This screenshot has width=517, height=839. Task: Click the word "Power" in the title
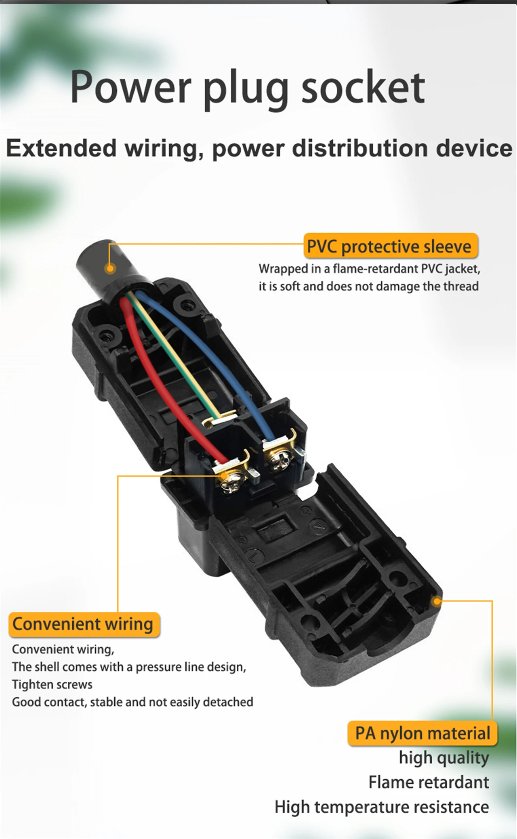130,87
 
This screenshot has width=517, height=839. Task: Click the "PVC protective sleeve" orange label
389,246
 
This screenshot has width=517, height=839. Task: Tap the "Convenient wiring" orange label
83,624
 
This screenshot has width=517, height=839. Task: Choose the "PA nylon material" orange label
422,733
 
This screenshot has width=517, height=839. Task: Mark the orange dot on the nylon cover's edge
437,602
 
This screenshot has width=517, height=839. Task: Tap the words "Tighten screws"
52,684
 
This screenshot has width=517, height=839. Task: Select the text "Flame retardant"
429,783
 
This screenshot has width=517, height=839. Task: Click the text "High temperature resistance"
382,807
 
